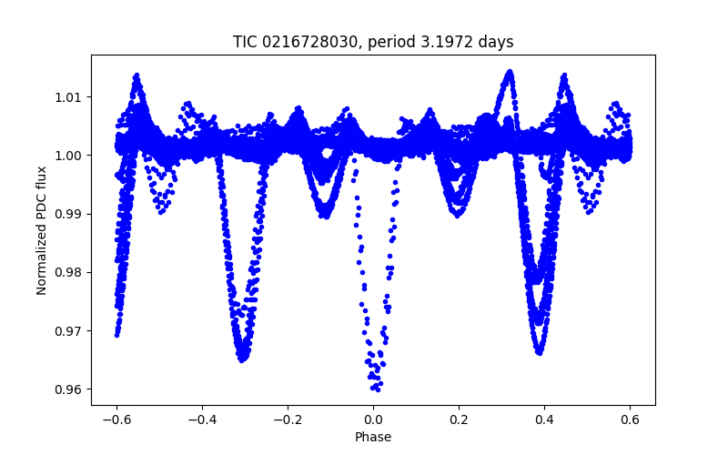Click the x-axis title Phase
[373, 437]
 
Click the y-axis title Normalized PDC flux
[42, 229]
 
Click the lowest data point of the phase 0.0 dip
[374, 389]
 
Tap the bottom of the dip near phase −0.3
[242, 359]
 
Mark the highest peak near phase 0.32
[510, 71]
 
